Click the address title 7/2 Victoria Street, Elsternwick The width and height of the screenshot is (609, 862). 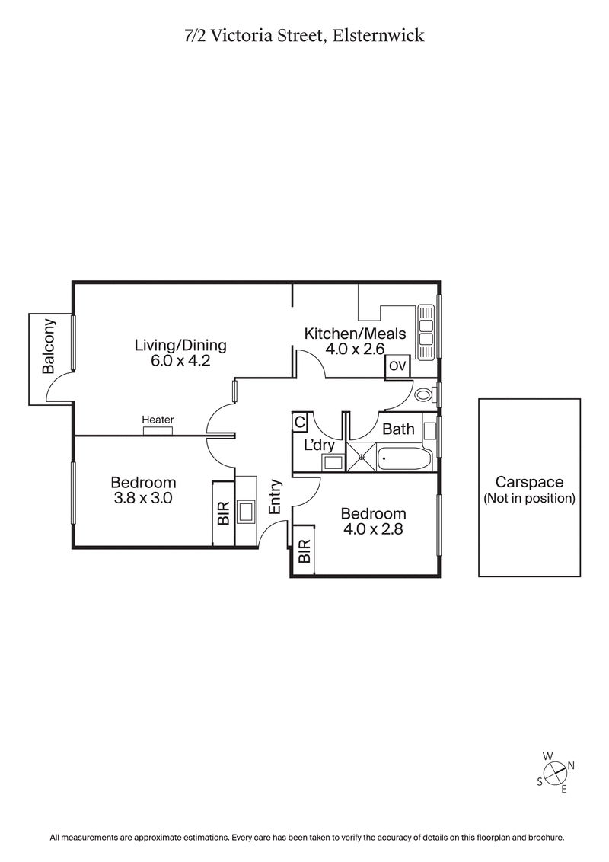(x=304, y=36)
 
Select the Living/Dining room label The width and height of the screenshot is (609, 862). (x=180, y=345)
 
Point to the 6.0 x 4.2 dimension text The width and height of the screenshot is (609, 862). (x=180, y=361)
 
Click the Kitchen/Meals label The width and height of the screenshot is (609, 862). (x=356, y=334)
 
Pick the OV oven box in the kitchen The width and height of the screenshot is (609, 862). (x=397, y=366)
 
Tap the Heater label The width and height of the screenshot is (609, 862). (x=158, y=420)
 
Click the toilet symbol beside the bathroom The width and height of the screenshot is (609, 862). (x=426, y=395)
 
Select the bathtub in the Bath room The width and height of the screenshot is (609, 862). (x=406, y=459)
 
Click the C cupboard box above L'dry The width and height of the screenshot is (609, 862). (x=299, y=422)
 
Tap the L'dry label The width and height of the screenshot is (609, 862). (x=319, y=444)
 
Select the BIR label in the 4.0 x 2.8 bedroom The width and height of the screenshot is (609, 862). (x=304, y=551)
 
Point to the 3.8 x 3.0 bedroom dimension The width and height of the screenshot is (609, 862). (x=143, y=499)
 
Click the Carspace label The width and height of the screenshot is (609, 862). (x=529, y=482)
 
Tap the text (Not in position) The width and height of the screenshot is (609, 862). (x=529, y=499)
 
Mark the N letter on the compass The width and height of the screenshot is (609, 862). (x=571, y=765)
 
